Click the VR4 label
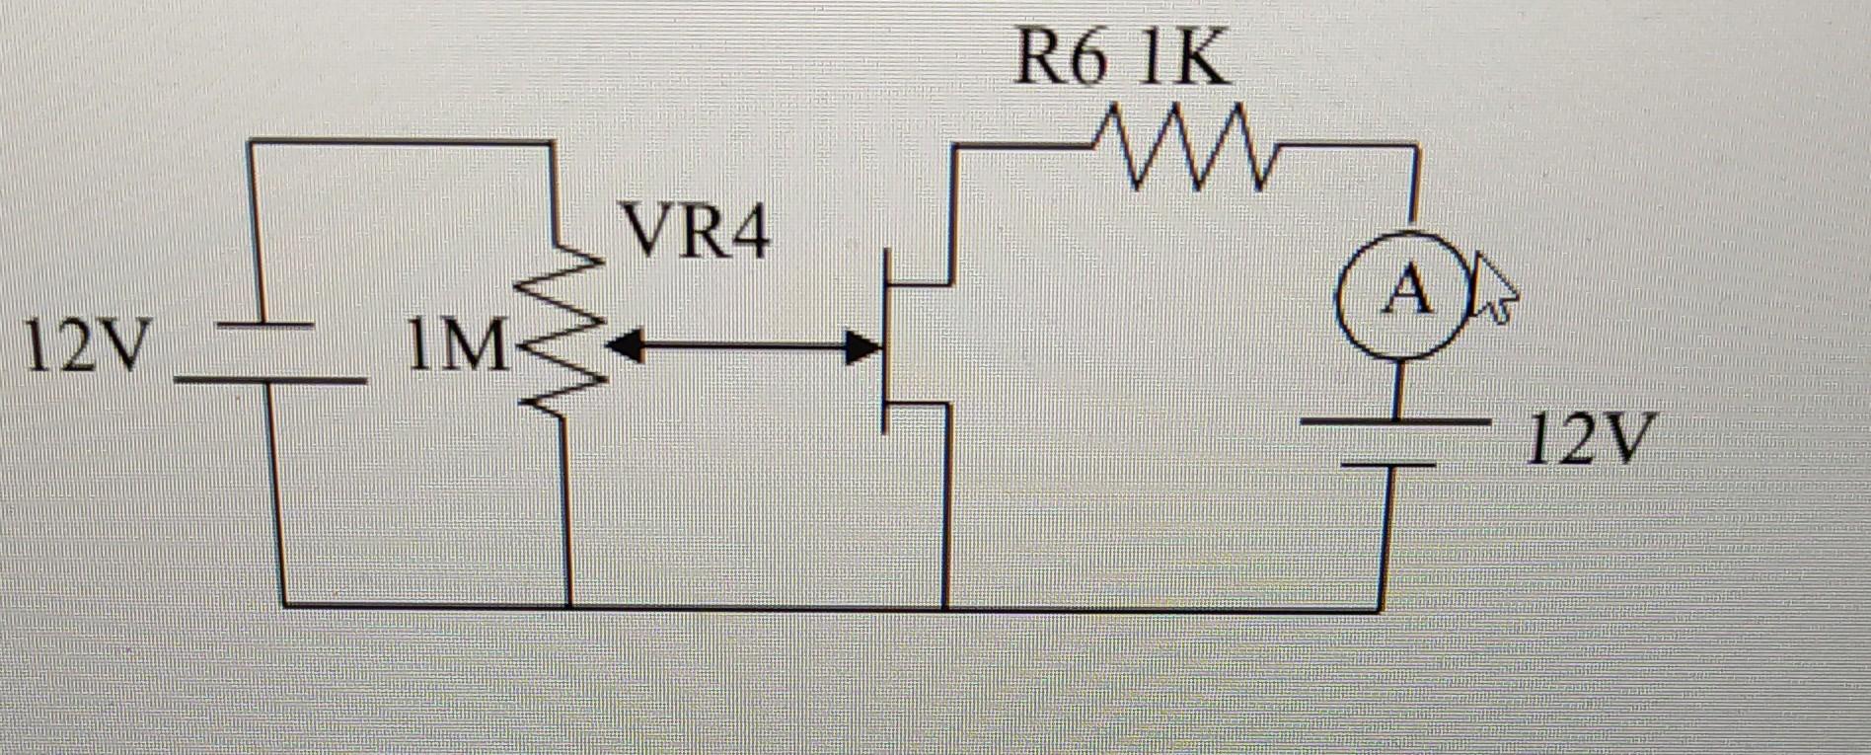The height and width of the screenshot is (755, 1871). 697,234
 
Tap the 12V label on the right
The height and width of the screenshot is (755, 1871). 1589,439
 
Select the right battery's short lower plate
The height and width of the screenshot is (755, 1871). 1386,462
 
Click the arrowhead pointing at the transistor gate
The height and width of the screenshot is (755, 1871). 862,347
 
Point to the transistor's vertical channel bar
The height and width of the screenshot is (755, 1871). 886,340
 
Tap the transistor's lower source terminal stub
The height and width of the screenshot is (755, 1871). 918,403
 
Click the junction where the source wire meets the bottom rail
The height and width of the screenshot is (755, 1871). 945,607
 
